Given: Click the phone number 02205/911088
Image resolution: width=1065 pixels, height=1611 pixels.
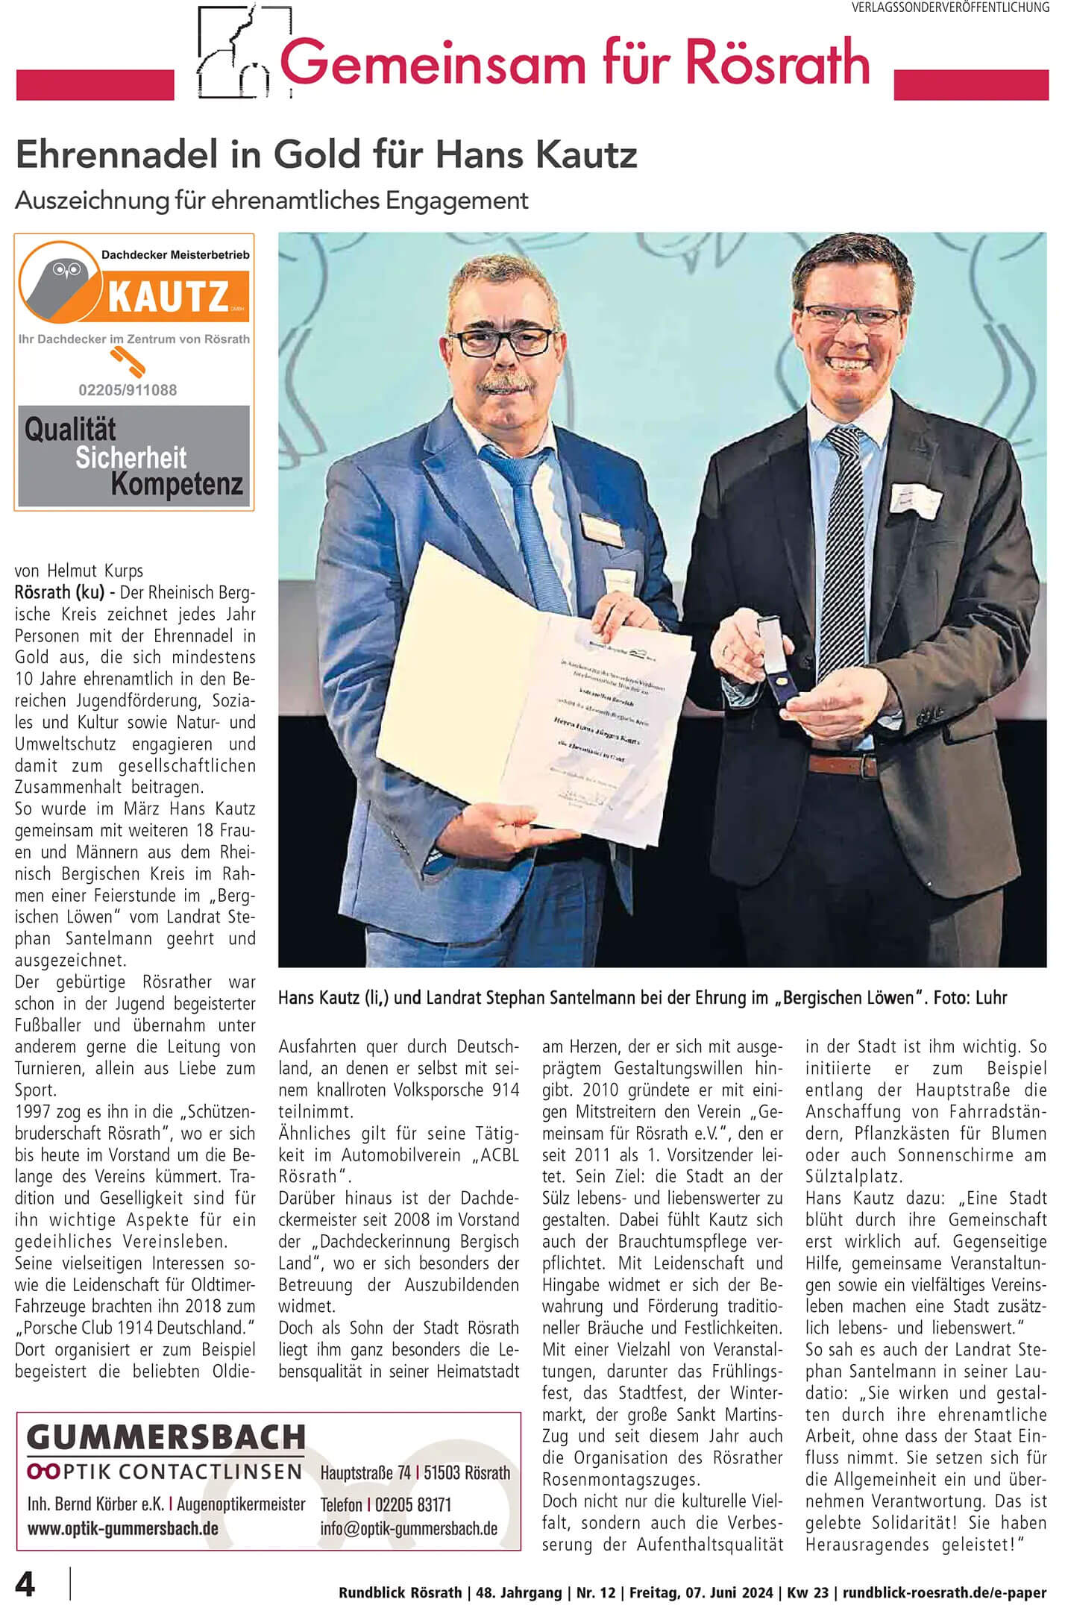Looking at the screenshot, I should pyautogui.click(x=128, y=390).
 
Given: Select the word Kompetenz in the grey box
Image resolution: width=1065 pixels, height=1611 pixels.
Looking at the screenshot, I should pyautogui.click(x=177, y=484).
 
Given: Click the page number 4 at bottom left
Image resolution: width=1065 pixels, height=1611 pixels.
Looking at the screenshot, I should pyautogui.click(x=25, y=1583).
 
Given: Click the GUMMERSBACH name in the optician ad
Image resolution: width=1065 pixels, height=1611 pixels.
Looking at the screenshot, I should pyautogui.click(x=166, y=1436).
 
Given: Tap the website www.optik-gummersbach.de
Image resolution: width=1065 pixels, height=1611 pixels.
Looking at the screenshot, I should pyautogui.click(x=123, y=1528).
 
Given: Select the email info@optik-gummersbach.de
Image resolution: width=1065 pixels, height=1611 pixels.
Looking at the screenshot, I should pyautogui.click(x=409, y=1528).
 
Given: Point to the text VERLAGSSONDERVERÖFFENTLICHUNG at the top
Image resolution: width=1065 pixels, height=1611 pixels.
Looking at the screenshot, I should pyautogui.click(x=950, y=7).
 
